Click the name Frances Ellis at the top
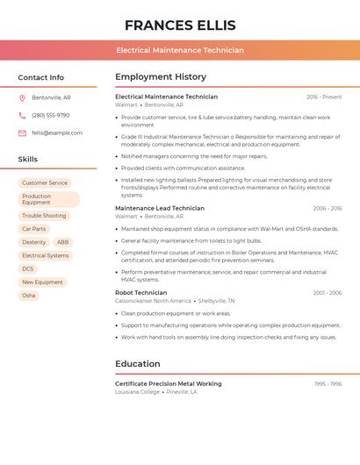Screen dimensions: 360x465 (x=180, y=25)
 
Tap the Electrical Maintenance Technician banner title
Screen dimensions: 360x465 (x=180, y=51)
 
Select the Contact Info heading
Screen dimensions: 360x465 (x=40, y=77)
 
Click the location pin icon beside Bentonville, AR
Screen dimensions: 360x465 (x=22, y=97)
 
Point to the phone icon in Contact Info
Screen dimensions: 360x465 (x=22, y=115)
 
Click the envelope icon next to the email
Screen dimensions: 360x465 (x=22, y=133)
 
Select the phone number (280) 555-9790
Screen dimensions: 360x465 (x=50, y=115)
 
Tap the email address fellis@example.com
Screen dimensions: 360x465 (x=57, y=133)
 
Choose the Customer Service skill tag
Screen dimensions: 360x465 (x=45, y=182)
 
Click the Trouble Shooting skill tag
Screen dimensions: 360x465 (x=44, y=215)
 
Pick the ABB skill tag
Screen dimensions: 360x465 (x=62, y=242)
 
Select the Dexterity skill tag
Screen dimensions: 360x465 (x=34, y=242)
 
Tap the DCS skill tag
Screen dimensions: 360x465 (x=28, y=268)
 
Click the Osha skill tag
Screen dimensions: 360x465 (x=29, y=296)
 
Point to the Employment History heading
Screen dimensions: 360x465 (x=160, y=77)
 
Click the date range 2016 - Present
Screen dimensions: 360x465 (x=324, y=97)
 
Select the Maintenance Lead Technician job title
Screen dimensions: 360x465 (x=159, y=209)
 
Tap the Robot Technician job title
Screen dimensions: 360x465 (x=140, y=293)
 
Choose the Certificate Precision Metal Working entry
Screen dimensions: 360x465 (x=168, y=384)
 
